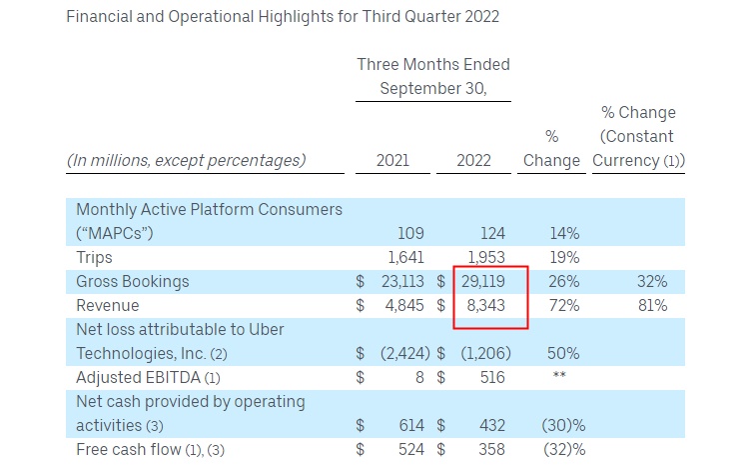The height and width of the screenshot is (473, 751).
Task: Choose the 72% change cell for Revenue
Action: coord(565,306)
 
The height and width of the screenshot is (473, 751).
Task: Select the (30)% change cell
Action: coord(565,425)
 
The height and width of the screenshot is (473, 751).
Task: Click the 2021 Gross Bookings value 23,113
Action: coord(404,283)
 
